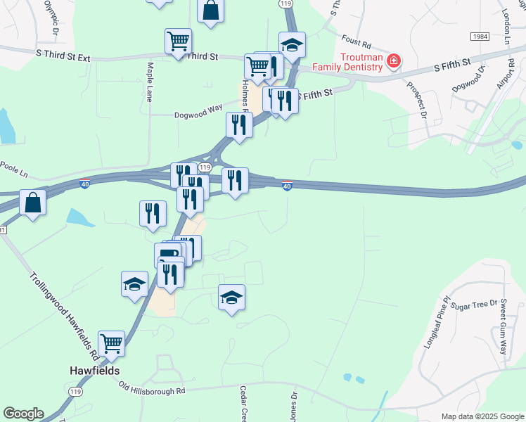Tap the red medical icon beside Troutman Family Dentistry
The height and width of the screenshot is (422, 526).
point(394,61)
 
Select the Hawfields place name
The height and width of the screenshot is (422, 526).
point(94,370)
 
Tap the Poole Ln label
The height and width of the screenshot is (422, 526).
point(13,170)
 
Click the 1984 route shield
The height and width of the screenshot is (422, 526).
point(480,36)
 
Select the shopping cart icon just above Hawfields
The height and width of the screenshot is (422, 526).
point(111,344)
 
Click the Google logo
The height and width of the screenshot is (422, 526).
point(23,414)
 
